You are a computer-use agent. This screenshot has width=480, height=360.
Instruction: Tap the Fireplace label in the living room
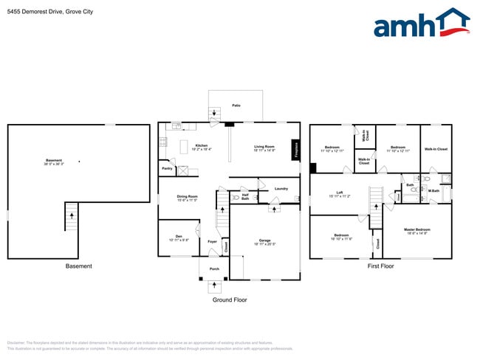pyautogui.click(x=295, y=150)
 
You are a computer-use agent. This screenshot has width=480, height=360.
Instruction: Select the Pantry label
pyautogui.click(x=167, y=168)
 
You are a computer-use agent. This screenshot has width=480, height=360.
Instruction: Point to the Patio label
pyautogui.click(x=236, y=105)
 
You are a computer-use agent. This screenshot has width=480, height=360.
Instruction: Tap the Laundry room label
pyautogui.click(x=281, y=189)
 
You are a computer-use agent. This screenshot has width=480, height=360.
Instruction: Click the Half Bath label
pyautogui.click(x=245, y=197)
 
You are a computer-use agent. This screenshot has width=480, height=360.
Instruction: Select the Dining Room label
pyautogui.click(x=186, y=197)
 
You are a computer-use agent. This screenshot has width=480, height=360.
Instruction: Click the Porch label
pyautogui.click(x=214, y=269)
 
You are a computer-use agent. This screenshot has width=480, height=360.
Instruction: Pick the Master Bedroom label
pyautogui.click(x=417, y=230)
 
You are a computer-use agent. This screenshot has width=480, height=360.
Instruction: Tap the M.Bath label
pyautogui.click(x=434, y=191)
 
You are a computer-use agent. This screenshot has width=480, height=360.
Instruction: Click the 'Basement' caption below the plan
pyautogui.click(x=78, y=266)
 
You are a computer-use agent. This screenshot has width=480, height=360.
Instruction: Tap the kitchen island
pyautogui.click(x=184, y=148)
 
